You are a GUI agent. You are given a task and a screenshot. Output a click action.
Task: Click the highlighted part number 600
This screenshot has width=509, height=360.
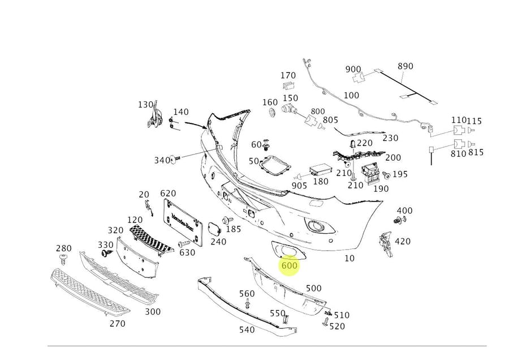point(289,265)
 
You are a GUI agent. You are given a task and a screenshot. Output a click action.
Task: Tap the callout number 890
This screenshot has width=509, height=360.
point(405,66)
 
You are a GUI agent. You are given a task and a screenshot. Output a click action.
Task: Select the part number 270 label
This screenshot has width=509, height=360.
point(117,324)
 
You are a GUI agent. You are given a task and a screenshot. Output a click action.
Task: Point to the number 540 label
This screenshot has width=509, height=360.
point(247,329)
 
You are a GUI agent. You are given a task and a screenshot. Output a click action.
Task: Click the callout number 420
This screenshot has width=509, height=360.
point(403,242)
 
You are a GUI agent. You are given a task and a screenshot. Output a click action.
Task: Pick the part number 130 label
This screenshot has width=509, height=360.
point(146,105)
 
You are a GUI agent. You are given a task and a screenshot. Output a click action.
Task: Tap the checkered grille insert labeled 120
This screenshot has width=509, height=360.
point(150,239)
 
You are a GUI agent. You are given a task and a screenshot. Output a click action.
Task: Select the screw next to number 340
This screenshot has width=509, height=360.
point(176,160)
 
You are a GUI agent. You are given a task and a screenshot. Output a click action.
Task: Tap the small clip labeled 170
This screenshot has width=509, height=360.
point(288,86)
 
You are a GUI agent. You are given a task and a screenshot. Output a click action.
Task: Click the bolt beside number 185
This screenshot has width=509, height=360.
point(227,220)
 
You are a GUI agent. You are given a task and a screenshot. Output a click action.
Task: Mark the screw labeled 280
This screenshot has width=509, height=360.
point(63,259)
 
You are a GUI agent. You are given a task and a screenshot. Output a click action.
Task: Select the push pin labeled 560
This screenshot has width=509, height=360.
point(248,305)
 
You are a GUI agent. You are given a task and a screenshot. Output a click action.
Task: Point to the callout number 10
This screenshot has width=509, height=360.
point(350,258)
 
